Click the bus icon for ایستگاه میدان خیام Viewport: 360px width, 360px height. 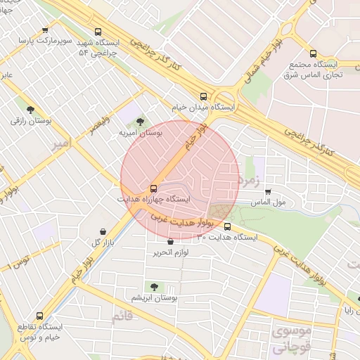(203, 96)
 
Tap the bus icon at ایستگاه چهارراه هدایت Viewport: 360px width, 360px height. (153, 188)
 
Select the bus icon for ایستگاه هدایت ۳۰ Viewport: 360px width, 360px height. (227, 226)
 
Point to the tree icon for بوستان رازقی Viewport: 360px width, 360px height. (30, 109)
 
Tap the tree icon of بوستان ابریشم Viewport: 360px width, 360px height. (153, 286)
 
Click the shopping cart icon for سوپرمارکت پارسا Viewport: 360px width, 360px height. (45, 30)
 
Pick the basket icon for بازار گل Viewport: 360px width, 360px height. (103, 231)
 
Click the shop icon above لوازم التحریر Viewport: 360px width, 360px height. (171, 241)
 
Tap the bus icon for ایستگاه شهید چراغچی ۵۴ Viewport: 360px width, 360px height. (98, 32)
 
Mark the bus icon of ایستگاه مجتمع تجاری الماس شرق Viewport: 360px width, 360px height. (313, 53)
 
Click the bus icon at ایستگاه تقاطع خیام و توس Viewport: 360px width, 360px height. (39, 316)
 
